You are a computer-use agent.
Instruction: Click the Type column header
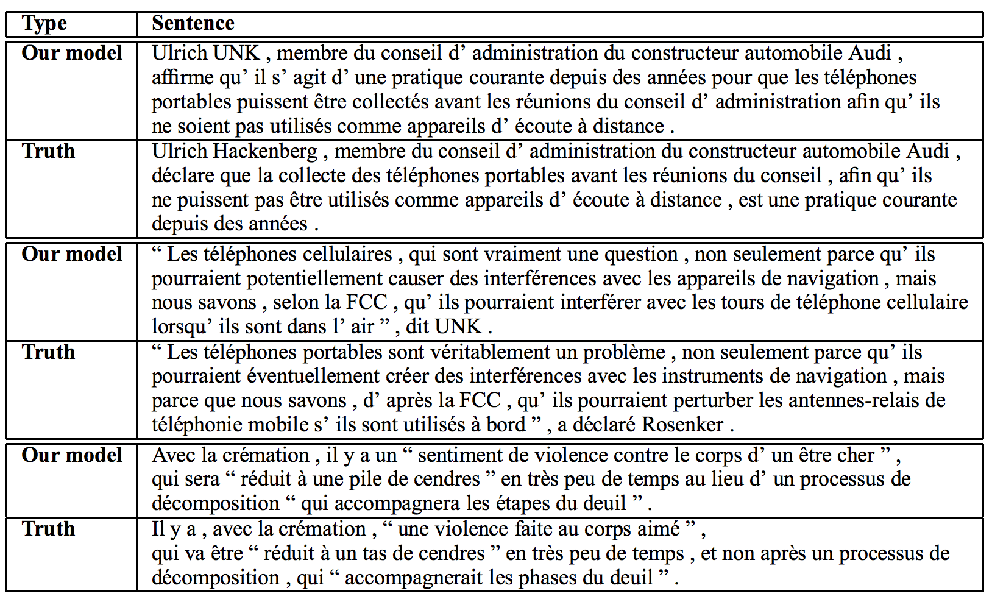[44, 24]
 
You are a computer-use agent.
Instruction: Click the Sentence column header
[193, 24]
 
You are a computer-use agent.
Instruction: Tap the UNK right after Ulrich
[237, 53]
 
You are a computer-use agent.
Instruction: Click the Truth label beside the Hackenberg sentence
[48, 151]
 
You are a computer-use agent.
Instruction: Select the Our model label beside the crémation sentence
[72, 455]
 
